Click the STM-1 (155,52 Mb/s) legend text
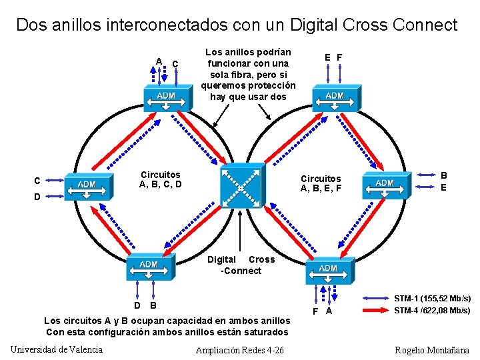pos(432,298)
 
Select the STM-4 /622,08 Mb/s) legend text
pos(432,310)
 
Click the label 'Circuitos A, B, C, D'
pos(160,179)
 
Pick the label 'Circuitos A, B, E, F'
pos(321,183)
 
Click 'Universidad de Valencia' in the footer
pos(57,349)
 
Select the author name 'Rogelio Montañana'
pos(432,350)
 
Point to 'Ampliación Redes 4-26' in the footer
pos(240,350)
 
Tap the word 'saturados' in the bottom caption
pos(267,332)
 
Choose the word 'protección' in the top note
pos(271,85)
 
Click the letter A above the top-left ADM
pos(159,61)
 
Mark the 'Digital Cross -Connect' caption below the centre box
pos(241,265)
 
